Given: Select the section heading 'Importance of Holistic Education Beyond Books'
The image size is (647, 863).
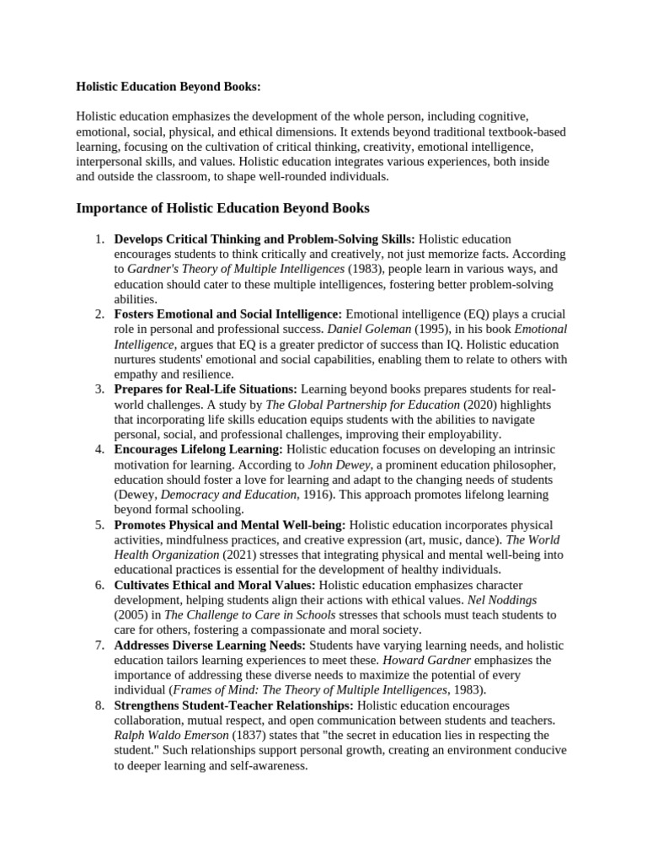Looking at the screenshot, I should [x=222, y=208].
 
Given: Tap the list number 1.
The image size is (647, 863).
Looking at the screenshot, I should [x=99, y=239].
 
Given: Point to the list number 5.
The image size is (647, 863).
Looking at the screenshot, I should [x=99, y=524].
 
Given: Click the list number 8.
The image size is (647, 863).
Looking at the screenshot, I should [x=99, y=705].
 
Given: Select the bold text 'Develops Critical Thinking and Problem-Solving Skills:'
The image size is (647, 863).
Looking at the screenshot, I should [x=265, y=239].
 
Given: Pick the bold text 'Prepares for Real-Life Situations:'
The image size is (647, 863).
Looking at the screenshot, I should [x=206, y=389].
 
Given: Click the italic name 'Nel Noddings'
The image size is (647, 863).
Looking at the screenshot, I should [x=503, y=599].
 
